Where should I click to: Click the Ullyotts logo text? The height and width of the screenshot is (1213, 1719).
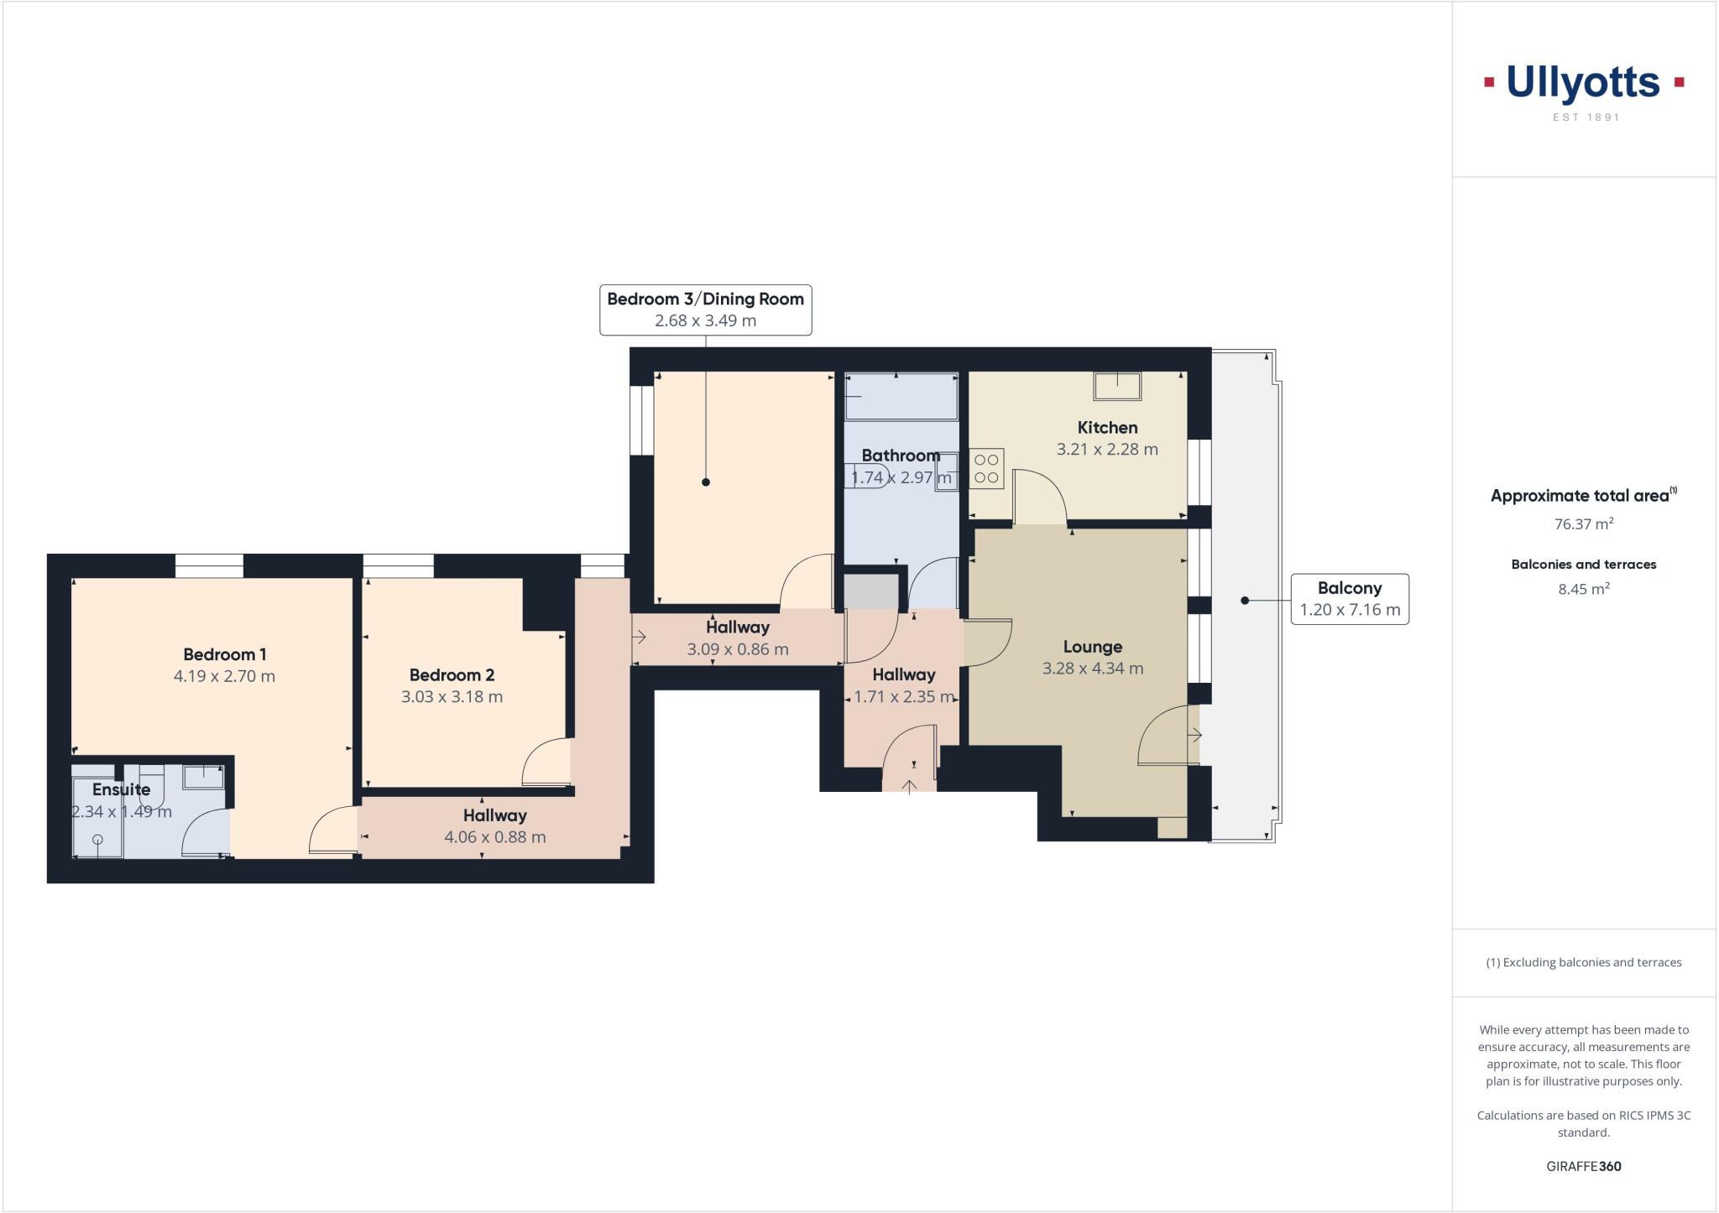tap(1583, 83)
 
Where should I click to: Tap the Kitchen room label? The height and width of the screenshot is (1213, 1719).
tap(1107, 428)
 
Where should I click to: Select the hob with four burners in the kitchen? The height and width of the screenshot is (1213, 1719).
tap(987, 469)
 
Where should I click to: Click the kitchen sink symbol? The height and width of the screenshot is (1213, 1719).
tap(1117, 386)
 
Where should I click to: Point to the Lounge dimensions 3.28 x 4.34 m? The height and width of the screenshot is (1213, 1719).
tap(1092, 669)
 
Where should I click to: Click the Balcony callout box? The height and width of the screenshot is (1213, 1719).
tap(1349, 599)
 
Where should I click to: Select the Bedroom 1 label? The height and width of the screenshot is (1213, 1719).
tap(224, 654)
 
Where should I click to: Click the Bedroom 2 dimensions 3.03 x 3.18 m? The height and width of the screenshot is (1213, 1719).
tap(452, 697)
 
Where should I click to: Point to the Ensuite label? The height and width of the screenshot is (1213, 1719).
tap(122, 789)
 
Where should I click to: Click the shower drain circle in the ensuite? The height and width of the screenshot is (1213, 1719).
tap(98, 840)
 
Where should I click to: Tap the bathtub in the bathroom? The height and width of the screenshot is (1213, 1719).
tap(901, 396)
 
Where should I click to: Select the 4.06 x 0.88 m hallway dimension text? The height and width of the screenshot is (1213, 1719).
tap(494, 837)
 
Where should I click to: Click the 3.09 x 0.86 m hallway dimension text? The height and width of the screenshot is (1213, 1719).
tap(737, 649)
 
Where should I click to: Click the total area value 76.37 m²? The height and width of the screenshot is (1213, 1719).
tap(1583, 524)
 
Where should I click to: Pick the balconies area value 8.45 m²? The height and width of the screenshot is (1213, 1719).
tap(1583, 589)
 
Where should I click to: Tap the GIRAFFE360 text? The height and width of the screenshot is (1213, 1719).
tap(1583, 1166)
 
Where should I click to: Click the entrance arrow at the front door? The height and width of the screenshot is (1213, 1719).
tap(909, 786)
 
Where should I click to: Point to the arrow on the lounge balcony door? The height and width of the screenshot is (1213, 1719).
tap(1194, 735)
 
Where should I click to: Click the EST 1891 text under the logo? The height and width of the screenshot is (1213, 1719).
tap(1586, 117)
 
